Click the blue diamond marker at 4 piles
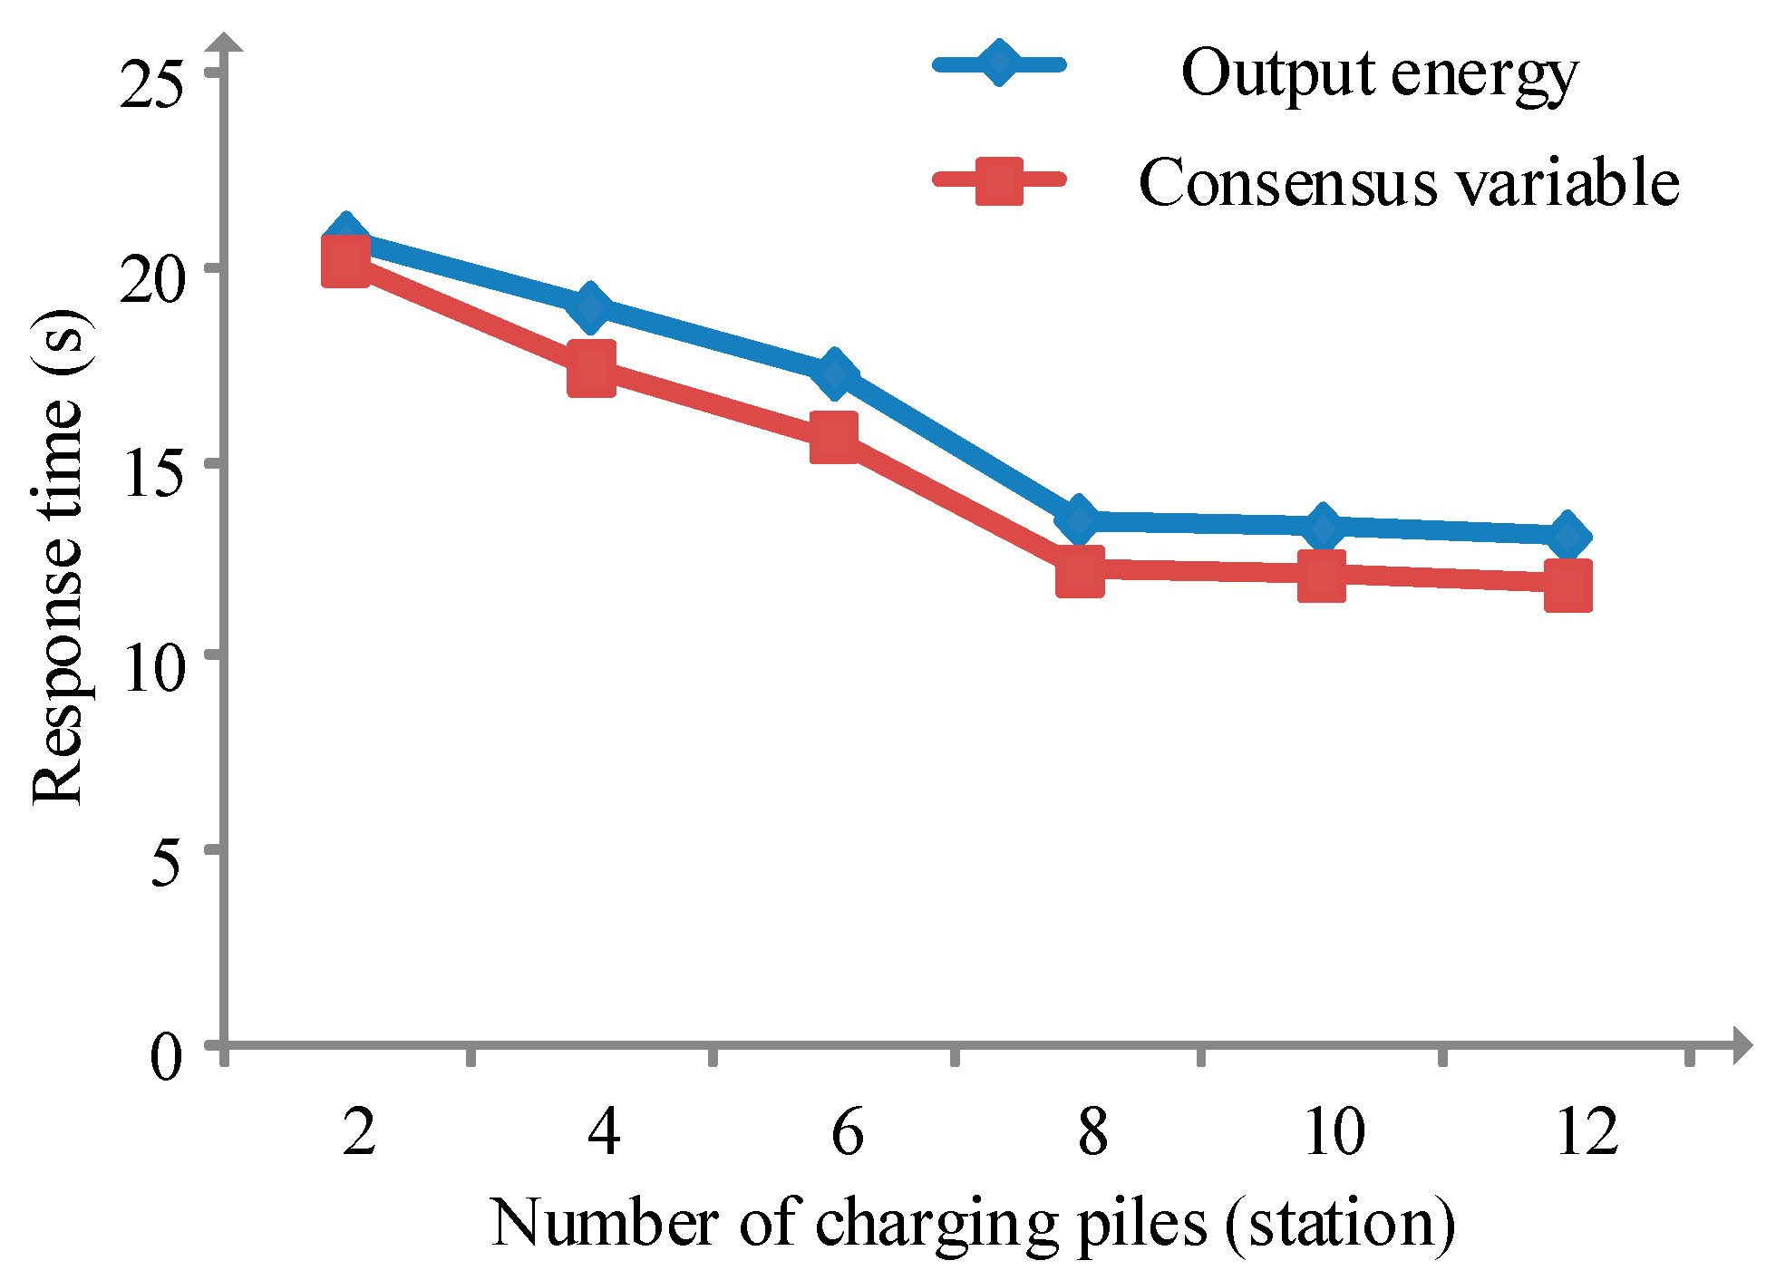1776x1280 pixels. pyautogui.click(x=590, y=307)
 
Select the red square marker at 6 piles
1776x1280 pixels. pyautogui.click(x=834, y=438)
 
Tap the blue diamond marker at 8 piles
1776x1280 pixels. pyautogui.click(x=1079, y=519)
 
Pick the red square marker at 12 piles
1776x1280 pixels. pyautogui.click(x=1567, y=585)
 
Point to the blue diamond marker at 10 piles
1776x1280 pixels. pyautogui.click(x=1323, y=527)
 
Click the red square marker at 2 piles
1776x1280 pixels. pyautogui.click(x=345, y=261)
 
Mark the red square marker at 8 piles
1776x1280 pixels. pyautogui.click(x=1080, y=571)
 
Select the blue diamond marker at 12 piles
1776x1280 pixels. pyautogui.click(x=1567, y=536)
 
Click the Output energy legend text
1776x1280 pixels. pyautogui.click(x=1379, y=73)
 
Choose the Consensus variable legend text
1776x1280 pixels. pyautogui.click(x=1408, y=182)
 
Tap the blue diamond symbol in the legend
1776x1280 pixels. pyautogui.click(x=998, y=63)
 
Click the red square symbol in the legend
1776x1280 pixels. pyautogui.click(x=999, y=181)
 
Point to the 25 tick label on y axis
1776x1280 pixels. pyautogui.click(x=151, y=85)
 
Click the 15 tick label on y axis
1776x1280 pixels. pyautogui.click(x=151, y=472)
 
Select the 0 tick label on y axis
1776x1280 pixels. pyautogui.click(x=166, y=1056)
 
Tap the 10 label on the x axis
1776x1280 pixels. pyautogui.click(x=1334, y=1131)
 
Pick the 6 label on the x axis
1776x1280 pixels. pyautogui.click(x=847, y=1131)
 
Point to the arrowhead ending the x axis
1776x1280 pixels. pyautogui.click(x=1741, y=1045)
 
